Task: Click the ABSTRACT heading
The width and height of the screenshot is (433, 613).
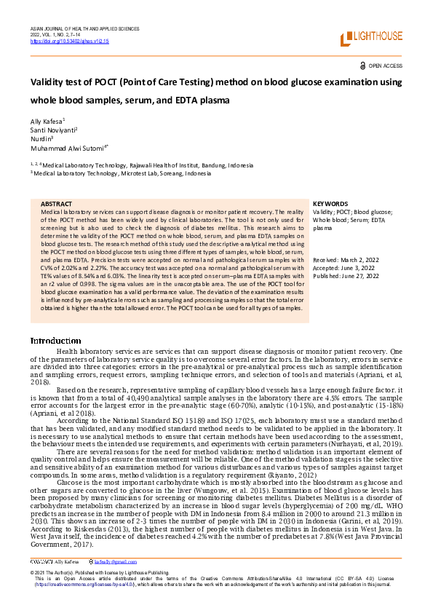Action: pyautogui.click(x=56, y=204)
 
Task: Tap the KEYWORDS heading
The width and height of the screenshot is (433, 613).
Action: pyautogui.click(x=330, y=204)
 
